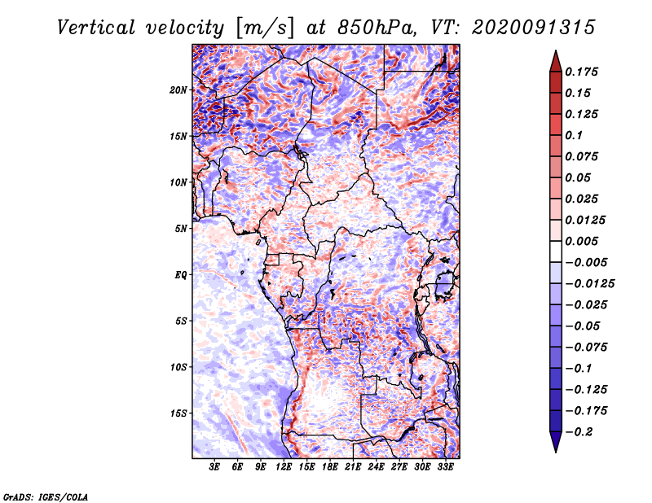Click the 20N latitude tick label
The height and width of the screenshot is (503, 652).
(x=178, y=90)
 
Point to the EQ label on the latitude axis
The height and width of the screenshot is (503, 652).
(x=180, y=275)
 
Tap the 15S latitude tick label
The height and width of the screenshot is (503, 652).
(x=178, y=413)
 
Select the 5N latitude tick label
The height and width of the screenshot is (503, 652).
(x=181, y=229)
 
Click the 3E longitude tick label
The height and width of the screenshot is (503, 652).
(x=214, y=466)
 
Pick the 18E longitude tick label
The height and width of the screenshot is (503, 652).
(x=330, y=466)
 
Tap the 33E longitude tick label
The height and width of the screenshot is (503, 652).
(x=445, y=466)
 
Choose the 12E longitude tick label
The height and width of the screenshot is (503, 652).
(x=284, y=466)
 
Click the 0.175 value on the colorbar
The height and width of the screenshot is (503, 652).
(x=581, y=72)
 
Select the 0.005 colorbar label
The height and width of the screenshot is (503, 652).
(x=581, y=241)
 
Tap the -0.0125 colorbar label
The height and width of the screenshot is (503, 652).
(x=589, y=284)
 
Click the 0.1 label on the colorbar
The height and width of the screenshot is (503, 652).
(x=574, y=135)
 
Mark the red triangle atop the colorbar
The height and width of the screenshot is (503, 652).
(x=556, y=62)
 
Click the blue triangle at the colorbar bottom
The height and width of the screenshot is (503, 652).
(x=556, y=442)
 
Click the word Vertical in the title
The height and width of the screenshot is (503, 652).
(x=96, y=28)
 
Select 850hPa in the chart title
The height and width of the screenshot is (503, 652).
(x=377, y=28)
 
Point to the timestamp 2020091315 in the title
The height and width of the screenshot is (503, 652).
(x=533, y=28)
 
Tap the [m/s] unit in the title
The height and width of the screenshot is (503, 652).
(x=264, y=28)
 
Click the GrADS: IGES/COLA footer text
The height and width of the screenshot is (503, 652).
(x=46, y=497)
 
